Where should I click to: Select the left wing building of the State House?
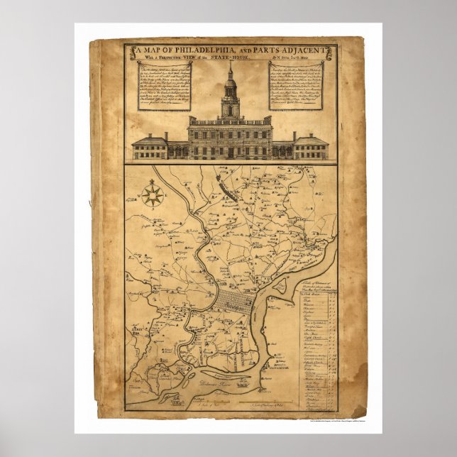[149, 146]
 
